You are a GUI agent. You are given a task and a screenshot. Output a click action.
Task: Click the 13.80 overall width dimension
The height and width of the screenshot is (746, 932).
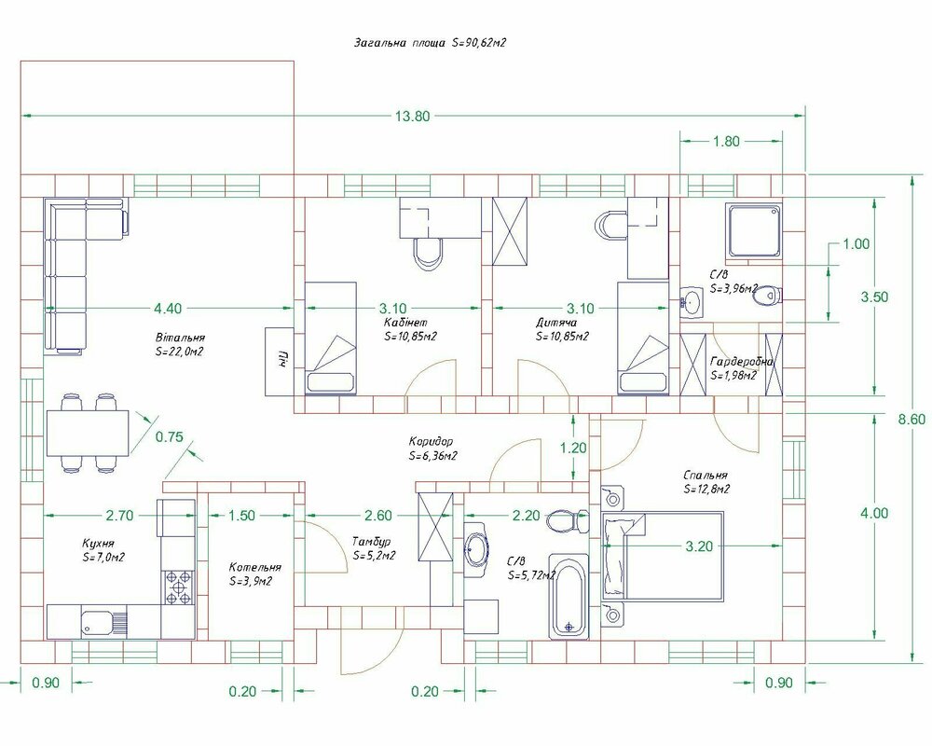pyautogui.click(x=412, y=116)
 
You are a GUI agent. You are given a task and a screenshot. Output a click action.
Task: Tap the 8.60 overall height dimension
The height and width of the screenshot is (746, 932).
pyautogui.click(x=911, y=420)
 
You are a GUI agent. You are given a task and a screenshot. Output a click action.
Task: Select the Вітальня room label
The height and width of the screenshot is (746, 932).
pyautogui.click(x=180, y=338)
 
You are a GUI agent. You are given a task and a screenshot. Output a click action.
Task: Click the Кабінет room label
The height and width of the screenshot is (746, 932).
pyautogui.click(x=405, y=323)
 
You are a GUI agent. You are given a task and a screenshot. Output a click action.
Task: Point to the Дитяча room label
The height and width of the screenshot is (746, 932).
pyautogui.click(x=556, y=323)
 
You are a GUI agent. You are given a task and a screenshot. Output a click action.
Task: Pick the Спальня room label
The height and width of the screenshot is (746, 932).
pyautogui.click(x=706, y=476)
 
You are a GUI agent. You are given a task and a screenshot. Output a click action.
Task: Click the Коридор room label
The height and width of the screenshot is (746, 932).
pyautogui.click(x=431, y=441)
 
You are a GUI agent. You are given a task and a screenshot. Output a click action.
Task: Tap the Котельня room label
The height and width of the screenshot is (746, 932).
pyautogui.click(x=255, y=568)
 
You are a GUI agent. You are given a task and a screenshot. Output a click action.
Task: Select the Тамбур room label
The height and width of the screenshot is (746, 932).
pyautogui.click(x=372, y=542)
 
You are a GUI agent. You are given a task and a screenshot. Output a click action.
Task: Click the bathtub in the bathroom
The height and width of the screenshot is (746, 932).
pyautogui.click(x=569, y=597)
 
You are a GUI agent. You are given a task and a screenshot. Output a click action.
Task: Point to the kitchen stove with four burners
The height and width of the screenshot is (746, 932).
pyautogui.click(x=178, y=587)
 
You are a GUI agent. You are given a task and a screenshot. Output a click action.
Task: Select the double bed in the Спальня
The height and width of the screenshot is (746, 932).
pyautogui.click(x=664, y=556)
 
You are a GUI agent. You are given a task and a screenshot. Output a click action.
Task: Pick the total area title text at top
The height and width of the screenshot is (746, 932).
pyautogui.click(x=430, y=43)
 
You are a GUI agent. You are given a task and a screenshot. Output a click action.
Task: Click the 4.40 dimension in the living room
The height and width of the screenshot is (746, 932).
pyautogui.click(x=168, y=308)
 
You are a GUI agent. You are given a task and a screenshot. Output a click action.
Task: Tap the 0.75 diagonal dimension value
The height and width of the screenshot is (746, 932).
pyautogui.click(x=170, y=437)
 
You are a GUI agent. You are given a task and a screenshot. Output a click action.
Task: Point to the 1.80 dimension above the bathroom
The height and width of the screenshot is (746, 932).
pyautogui.click(x=726, y=142)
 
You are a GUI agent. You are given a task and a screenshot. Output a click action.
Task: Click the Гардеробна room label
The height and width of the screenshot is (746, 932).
pyautogui.click(x=742, y=362)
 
